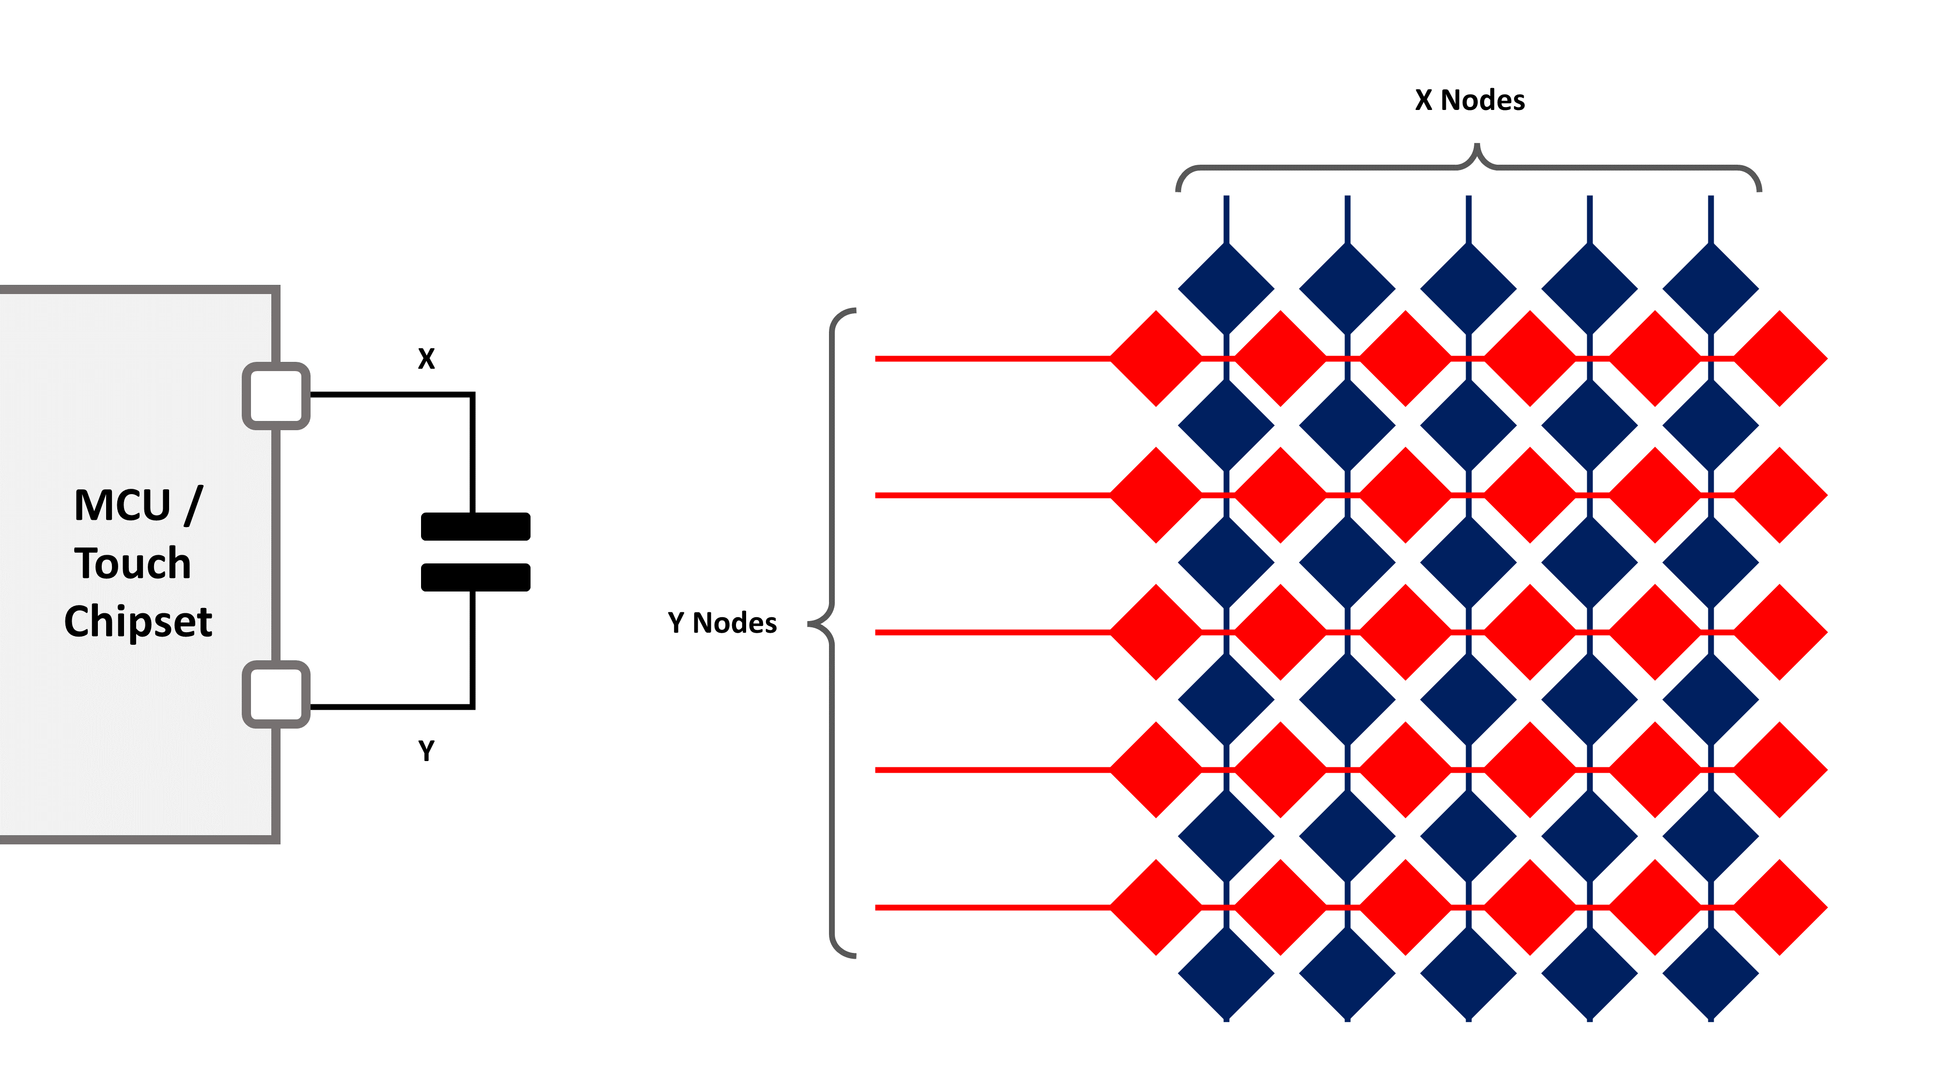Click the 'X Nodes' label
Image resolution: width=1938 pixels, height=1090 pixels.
(1469, 100)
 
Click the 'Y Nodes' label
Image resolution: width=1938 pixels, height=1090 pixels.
(722, 623)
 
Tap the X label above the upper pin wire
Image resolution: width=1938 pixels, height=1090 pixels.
(426, 359)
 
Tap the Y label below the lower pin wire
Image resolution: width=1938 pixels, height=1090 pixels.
(426, 751)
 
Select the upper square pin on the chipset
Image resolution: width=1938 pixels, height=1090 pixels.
(276, 396)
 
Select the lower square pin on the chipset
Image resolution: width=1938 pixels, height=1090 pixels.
(276, 694)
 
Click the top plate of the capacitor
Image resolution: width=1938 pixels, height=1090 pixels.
(475, 527)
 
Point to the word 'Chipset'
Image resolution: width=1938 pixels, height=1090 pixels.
(139, 622)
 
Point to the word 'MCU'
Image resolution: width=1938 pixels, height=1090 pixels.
(123, 505)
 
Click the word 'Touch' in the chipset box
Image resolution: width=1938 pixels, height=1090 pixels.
(133, 563)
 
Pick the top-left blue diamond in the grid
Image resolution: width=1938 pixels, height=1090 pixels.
(1226, 288)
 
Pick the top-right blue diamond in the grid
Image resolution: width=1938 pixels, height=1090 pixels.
(1710, 288)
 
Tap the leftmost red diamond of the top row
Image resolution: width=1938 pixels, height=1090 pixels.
(1157, 359)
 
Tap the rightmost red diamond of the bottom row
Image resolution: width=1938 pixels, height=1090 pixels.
(1780, 907)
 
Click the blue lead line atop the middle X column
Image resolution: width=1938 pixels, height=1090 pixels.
(1469, 218)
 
